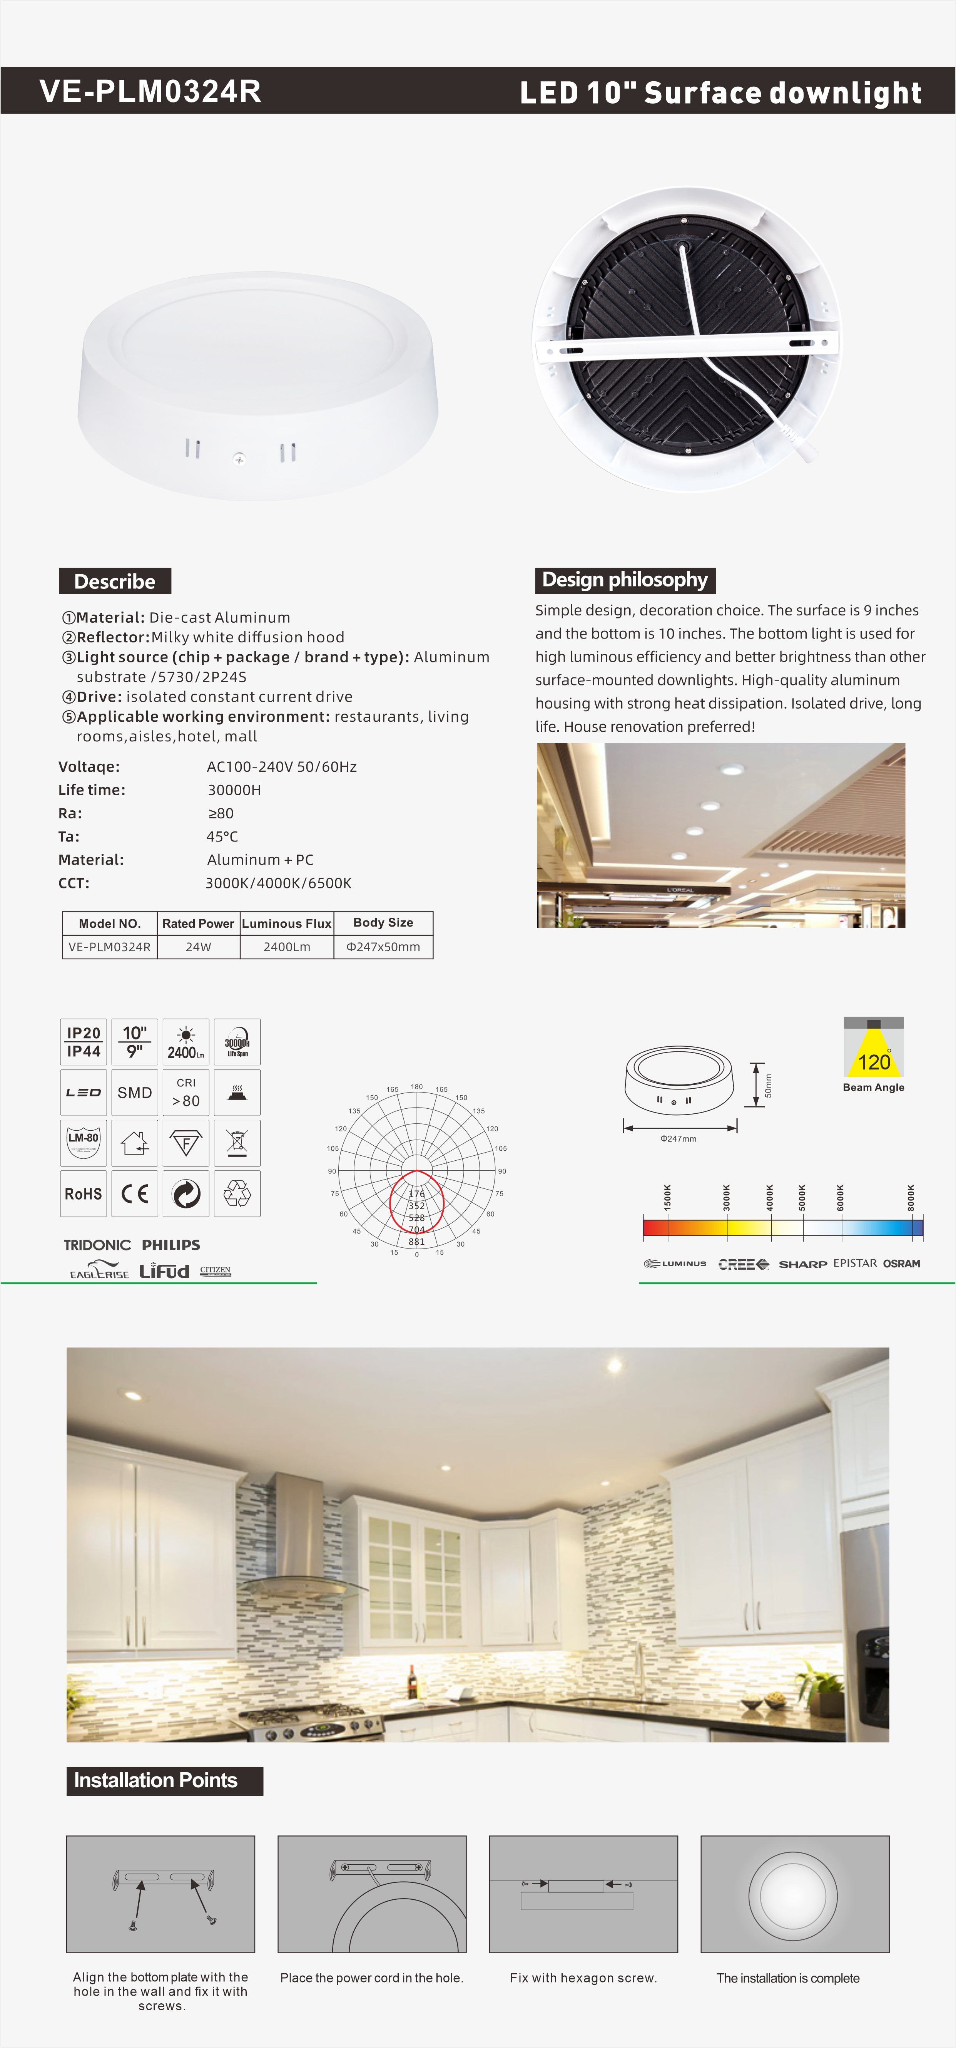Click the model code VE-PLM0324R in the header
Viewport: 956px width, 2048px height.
(x=150, y=91)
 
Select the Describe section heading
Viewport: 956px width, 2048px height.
(x=114, y=581)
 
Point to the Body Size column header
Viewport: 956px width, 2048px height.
(x=383, y=922)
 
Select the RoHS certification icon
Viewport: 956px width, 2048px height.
(x=83, y=1193)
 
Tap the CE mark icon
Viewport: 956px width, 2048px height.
(x=134, y=1193)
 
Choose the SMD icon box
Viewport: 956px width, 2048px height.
(x=134, y=1093)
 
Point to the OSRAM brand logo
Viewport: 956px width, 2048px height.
(x=901, y=1263)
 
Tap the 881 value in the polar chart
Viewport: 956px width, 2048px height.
(x=416, y=1241)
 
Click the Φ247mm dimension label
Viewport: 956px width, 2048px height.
(x=678, y=1138)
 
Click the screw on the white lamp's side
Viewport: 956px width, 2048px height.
(x=238, y=458)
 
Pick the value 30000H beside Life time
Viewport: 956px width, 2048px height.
(x=234, y=789)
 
